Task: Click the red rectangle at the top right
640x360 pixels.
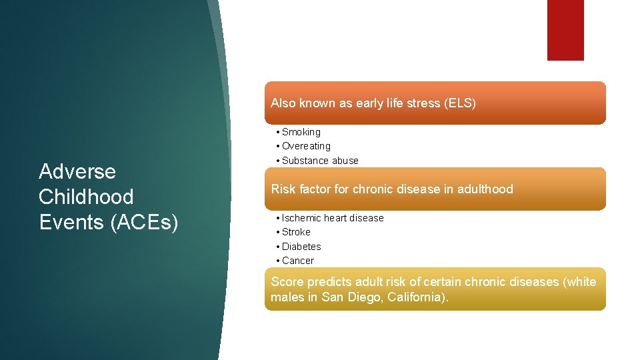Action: click(565, 30)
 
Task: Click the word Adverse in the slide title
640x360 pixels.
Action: click(77, 172)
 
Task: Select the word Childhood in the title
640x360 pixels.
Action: click(86, 197)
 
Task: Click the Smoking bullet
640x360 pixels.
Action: click(301, 132)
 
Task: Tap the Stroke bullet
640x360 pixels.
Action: click(296, 232)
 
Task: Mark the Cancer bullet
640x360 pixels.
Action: click(297, 261)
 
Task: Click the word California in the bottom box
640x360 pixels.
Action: click(416, 297)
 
